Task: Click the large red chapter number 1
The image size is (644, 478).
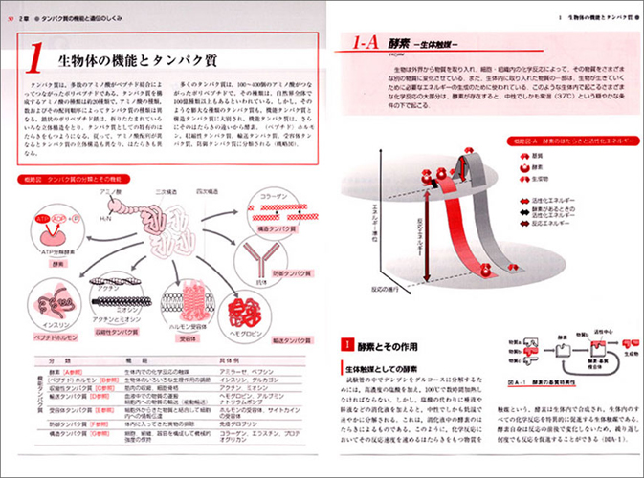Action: pyautogui.click(x=34, y=62)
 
